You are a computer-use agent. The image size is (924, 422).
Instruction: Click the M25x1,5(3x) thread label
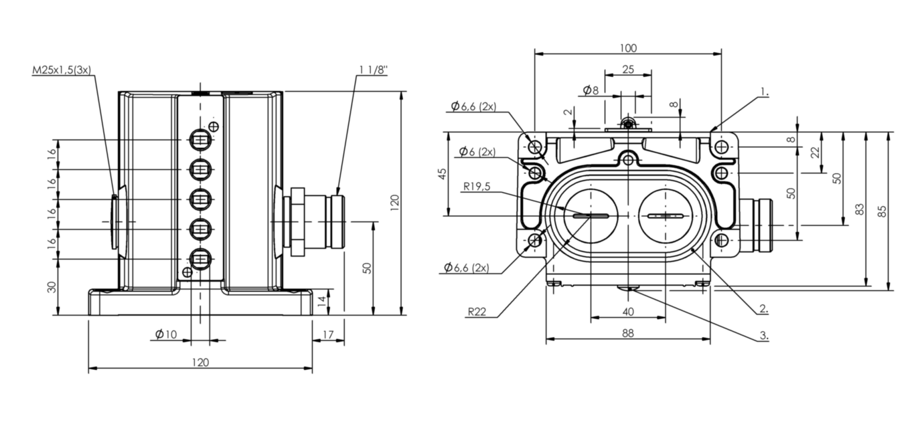pyautogui.click(x=62, y=70)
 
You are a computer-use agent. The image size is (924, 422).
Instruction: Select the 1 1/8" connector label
pyautogui.click(x=373, y=70)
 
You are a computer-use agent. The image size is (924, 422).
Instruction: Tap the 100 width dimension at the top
pyautogui.click(x=628, y=47)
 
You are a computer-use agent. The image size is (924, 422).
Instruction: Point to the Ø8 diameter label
pyautogui.click(x=591, y=90)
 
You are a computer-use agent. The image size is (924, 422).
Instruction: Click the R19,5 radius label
pyautogui.click(x=476, y=187)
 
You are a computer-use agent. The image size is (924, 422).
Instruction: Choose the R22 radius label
pyautogui.click(x=477, y=311)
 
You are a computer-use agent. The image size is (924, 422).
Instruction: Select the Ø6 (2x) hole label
pyautogui.click(x=477, y=152)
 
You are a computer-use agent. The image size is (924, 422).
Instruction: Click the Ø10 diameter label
pyautogui.click(x=166, y=334)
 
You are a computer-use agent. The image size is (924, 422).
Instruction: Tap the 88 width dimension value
pyautogui.click(x=627, y=332)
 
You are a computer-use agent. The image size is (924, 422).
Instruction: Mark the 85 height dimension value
pyautogui.click(x=882, y=211)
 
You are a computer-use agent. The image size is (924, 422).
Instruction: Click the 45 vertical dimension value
pyautogui.click(x=441, y=174)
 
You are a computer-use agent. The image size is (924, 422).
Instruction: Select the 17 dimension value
pyautogui.click(x=328, y=334)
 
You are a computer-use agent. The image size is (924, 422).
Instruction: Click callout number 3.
pyautogui.click(x=763, y=336)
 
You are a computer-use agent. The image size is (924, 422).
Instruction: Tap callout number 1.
pyautogui.click(x=765, y=91)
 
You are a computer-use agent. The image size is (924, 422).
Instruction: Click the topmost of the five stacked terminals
pyautogui.click(x=200, y=140)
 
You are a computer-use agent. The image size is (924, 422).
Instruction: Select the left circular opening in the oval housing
pyautogui.click(x=591, y=215)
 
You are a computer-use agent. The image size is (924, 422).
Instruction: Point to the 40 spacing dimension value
pyautogui.click(x=627, y=312)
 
